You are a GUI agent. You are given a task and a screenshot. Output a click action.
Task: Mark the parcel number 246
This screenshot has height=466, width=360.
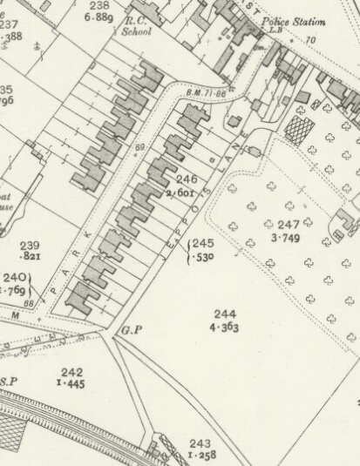point(187,179)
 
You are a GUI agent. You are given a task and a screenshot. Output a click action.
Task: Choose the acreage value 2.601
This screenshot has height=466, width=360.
point(187,192)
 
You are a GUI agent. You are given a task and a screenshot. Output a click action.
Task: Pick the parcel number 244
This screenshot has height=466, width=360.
point(224,314)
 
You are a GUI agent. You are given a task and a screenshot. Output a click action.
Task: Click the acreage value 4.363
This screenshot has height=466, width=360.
point(224,328)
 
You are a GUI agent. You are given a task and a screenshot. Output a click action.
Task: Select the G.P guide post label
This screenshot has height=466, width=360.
point(132,330)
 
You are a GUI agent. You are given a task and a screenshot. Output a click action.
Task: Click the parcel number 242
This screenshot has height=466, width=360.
point(72,372)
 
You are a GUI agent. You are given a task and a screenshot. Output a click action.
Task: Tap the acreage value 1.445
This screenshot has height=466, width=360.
point(72,384)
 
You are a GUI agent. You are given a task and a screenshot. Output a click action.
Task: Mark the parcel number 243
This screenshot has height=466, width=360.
point(200,443)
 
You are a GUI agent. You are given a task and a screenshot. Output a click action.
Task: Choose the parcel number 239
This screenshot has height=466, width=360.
point(30,246)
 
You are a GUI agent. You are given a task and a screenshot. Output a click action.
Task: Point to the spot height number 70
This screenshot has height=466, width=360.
point(309,40)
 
